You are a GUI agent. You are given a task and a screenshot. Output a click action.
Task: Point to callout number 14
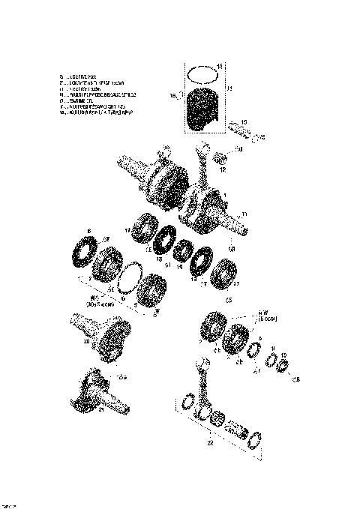click(x=220, y=66)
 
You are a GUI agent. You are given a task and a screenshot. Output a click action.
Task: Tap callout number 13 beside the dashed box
click(x=229, y=89)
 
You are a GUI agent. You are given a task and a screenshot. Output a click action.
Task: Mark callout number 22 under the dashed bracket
click(x=211, y=442)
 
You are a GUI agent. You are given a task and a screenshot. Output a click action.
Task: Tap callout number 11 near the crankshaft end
click(x=242, y=214)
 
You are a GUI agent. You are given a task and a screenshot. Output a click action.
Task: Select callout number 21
click(x=102, y=410)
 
